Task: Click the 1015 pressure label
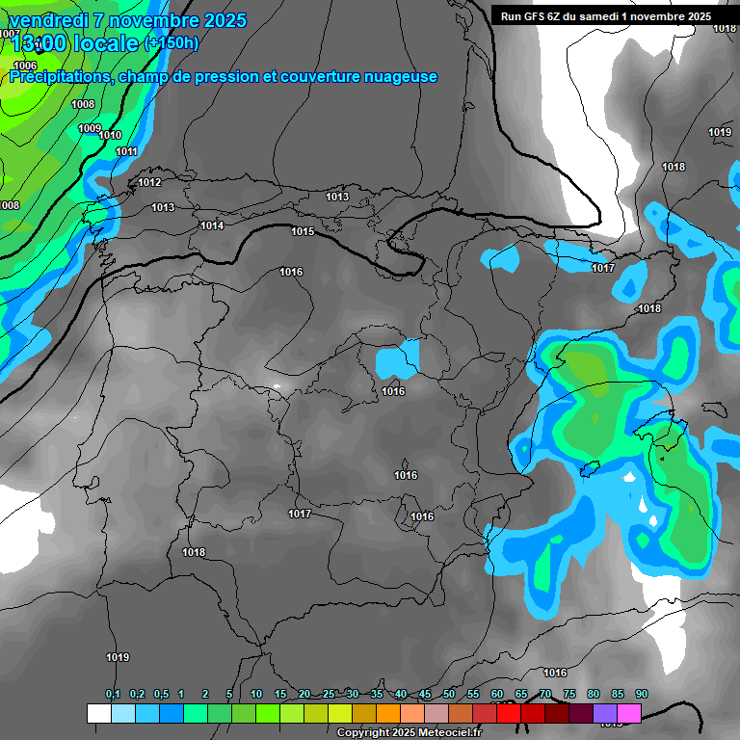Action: [303, 231]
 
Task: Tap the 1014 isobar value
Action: [212, 225]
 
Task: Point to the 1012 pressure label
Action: [149, 182]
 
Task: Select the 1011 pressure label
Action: [126, 151]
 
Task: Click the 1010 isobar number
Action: [110, 136]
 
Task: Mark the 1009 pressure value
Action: [90, 128]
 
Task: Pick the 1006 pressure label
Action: [26, 66]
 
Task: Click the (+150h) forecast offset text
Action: [172, 43]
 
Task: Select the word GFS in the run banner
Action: [540, 16]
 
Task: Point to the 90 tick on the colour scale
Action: [641, 694]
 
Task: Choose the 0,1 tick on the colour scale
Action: [113, 694]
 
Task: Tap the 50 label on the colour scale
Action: [449, 694]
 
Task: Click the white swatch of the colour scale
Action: [98, 713]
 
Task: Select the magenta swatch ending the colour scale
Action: [629, 713]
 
